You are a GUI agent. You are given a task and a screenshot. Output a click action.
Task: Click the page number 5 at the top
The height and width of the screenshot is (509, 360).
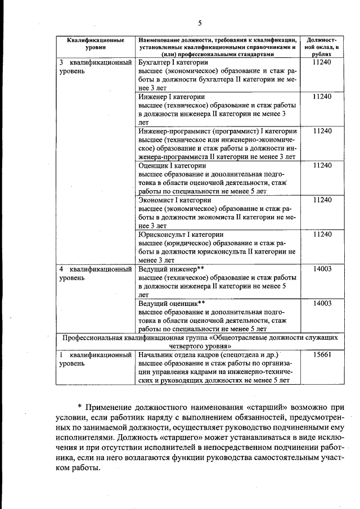click(200, 22)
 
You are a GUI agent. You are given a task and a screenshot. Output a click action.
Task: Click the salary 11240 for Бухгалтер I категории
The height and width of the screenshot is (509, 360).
click(322, 63)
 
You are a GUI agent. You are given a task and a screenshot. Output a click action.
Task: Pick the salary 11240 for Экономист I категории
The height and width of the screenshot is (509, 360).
click(322, 200)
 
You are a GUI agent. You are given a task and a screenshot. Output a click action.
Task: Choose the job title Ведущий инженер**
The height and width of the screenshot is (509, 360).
click(170, 269)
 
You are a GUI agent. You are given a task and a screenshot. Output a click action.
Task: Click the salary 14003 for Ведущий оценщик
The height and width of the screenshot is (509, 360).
click(322, 303)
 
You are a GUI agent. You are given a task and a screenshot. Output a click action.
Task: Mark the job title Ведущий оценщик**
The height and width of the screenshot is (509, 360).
click(172, 303)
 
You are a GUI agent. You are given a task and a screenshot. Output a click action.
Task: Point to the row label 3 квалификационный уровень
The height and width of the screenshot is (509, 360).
click(95, 67)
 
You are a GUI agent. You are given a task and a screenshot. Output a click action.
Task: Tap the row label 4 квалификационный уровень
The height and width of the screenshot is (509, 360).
click(95, 273)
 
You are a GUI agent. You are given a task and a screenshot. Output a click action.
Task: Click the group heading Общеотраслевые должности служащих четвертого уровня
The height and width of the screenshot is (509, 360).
click(200, 342)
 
